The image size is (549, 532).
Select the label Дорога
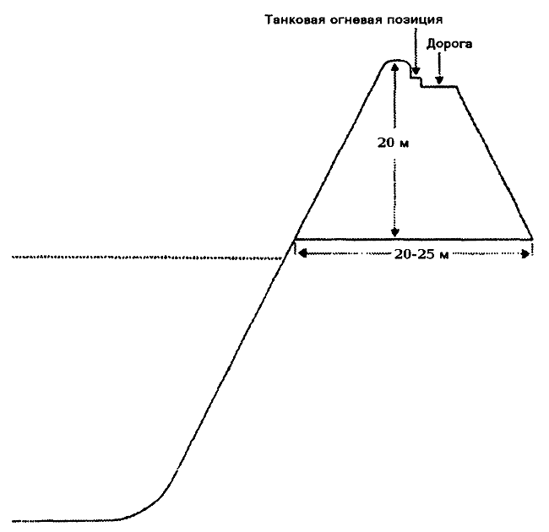[x=449, y=45]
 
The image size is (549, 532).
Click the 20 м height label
[x=393, y=143]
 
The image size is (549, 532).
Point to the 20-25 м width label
[x=421, y=254]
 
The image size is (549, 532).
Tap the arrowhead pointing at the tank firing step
[x=416, y=71]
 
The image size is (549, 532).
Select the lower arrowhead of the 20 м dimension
[x=395, y=233]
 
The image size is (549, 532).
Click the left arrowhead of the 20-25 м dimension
[x=302, y=253]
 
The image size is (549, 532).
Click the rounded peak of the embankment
[x=395, y=61]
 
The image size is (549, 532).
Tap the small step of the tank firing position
[x=416, y=78]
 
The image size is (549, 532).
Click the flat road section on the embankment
[x=439, y=86]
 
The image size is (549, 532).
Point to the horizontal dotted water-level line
[x=147, y=258]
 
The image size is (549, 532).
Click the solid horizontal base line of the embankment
[x=413, y=239]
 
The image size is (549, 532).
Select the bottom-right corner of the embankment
[x=532, y=239]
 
